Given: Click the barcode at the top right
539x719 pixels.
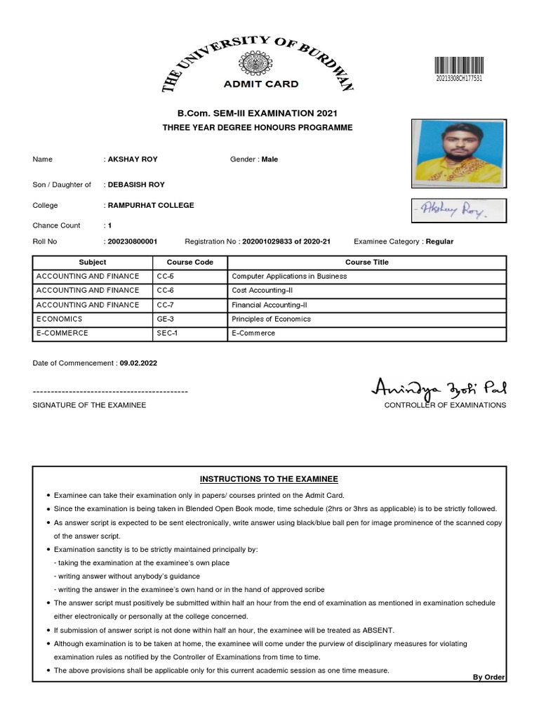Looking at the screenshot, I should pos(460,65).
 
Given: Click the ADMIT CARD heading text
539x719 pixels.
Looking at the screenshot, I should pos(260,84).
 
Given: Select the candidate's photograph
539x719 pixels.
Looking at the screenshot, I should pos(456,152).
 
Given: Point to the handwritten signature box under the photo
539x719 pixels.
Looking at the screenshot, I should pos(456,209).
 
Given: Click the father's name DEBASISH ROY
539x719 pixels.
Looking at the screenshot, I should pos(136,185).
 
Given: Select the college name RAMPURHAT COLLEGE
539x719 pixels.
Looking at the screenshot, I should pos(150,206).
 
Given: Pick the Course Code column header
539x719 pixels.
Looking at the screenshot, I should pos(189,263).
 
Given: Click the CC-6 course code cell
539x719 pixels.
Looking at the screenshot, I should pos(165,291).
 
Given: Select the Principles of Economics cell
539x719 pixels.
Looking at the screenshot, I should pos(271,319).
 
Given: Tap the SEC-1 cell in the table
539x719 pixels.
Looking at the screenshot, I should pos(167,333).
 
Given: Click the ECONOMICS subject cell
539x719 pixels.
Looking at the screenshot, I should pos(59,319).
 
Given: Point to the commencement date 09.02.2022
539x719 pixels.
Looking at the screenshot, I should pos(138,364).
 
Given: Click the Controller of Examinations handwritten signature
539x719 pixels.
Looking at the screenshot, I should pos(439,388).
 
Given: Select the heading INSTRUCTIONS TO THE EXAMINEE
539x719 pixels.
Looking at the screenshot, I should pos(269,479).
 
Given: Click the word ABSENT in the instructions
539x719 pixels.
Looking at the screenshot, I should pos(378,630).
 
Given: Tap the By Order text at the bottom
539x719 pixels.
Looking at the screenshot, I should pos(488,677).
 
